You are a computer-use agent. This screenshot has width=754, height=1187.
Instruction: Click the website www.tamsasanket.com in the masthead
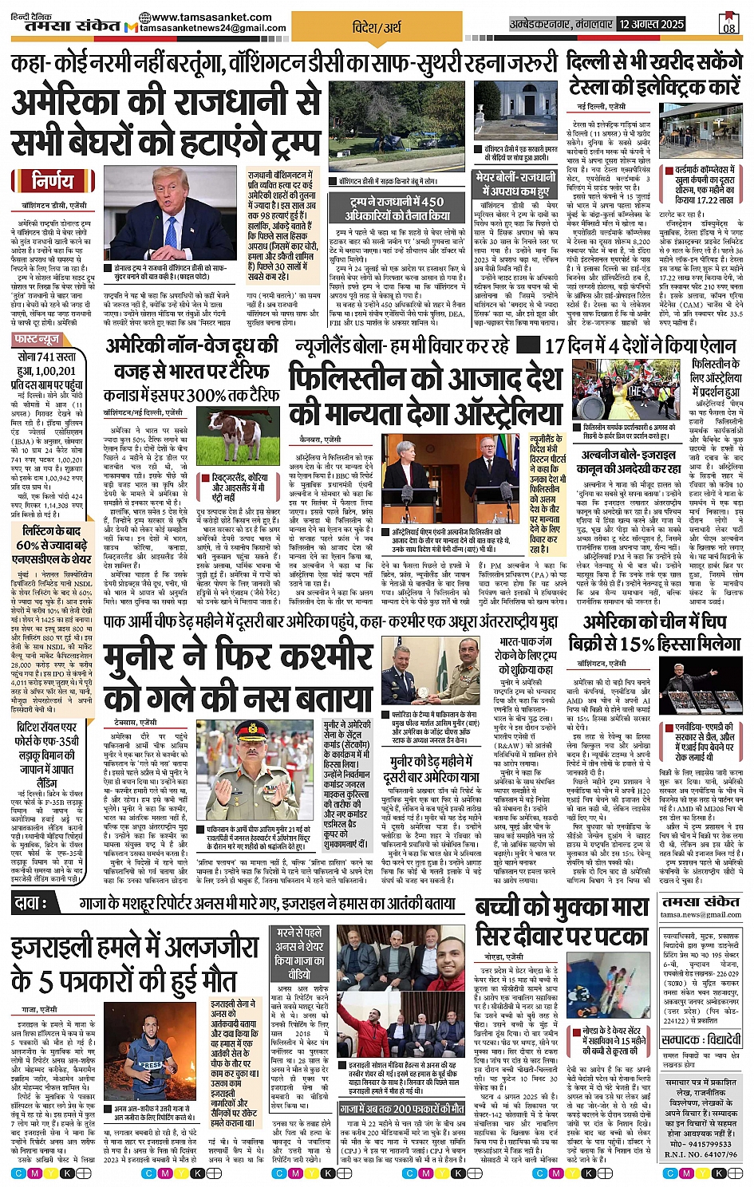click(211, 17)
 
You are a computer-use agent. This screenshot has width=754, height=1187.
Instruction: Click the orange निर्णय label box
click(53, 182)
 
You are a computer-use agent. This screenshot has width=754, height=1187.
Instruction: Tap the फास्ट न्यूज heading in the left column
click(38, 339)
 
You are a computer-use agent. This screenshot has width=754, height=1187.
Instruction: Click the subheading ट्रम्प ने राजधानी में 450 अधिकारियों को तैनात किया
click(397, 209)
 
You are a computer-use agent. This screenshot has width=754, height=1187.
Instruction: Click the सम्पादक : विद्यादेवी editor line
click(702, 1040)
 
